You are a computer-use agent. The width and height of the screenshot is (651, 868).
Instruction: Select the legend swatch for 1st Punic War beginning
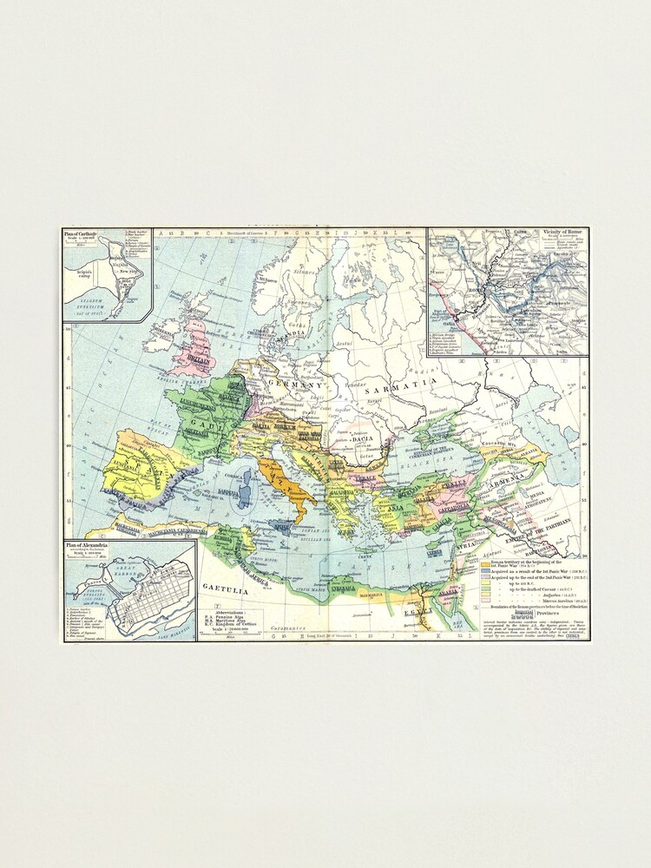pyautogui.click(x=486, y=564)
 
